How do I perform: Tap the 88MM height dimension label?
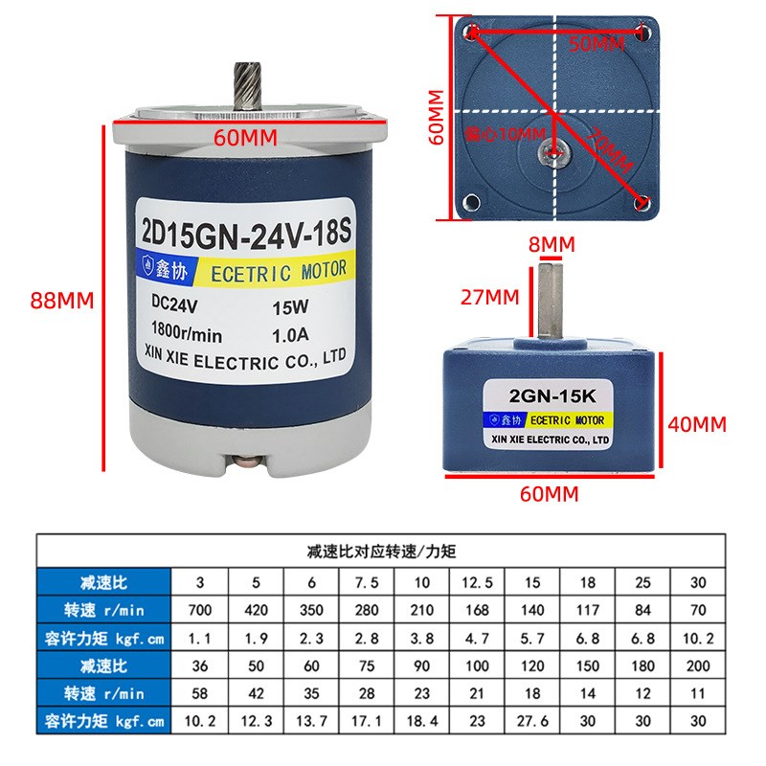[x=62, y=300]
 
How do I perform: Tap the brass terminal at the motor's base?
[x=251, y=465]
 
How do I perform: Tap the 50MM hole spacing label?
[x=596, y=44]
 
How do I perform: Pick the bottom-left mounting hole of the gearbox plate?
[x=471, y=202]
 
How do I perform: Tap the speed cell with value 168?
[x=477, y=608]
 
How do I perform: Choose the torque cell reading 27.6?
[x=532, y=717]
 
